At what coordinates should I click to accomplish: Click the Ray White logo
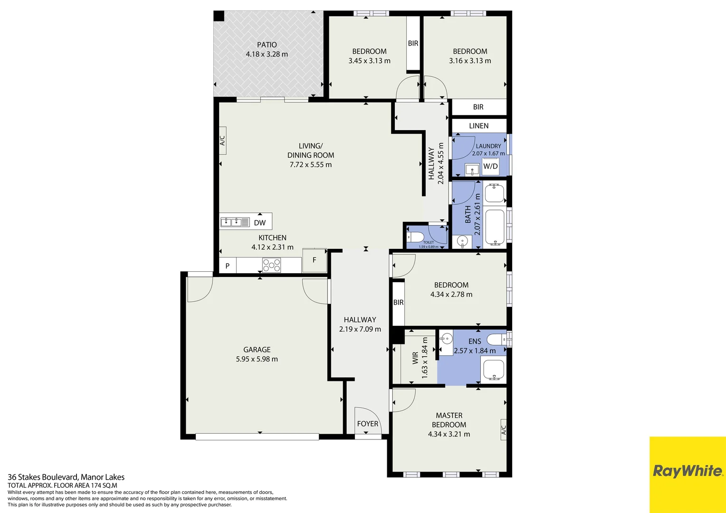coord(687,471)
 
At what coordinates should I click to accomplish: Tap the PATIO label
coord(267,45)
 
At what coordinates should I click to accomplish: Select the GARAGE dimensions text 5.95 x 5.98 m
coord(257,359)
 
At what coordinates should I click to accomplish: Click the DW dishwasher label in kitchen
coord(259,223)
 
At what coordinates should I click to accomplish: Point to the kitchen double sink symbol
coord(235,222)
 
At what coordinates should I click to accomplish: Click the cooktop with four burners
coord(271,265)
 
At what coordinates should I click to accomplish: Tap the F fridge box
coord(314,260)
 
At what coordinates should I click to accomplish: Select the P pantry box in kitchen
coord(227,266)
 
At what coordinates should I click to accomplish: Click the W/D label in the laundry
coord(490,166)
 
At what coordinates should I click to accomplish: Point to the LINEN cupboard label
coord(478,126)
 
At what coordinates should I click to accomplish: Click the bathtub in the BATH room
coord(495,228)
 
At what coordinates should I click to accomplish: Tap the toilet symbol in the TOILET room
coord(415,237)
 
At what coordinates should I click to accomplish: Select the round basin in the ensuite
coord(446,339)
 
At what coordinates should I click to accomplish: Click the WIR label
coord(415,358)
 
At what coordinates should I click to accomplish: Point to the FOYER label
coord(367,424)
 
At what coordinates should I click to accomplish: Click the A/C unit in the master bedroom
coord(504,430)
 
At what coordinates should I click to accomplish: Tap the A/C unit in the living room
coord(222,141)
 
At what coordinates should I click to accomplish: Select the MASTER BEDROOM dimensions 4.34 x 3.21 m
coord(449,434)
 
